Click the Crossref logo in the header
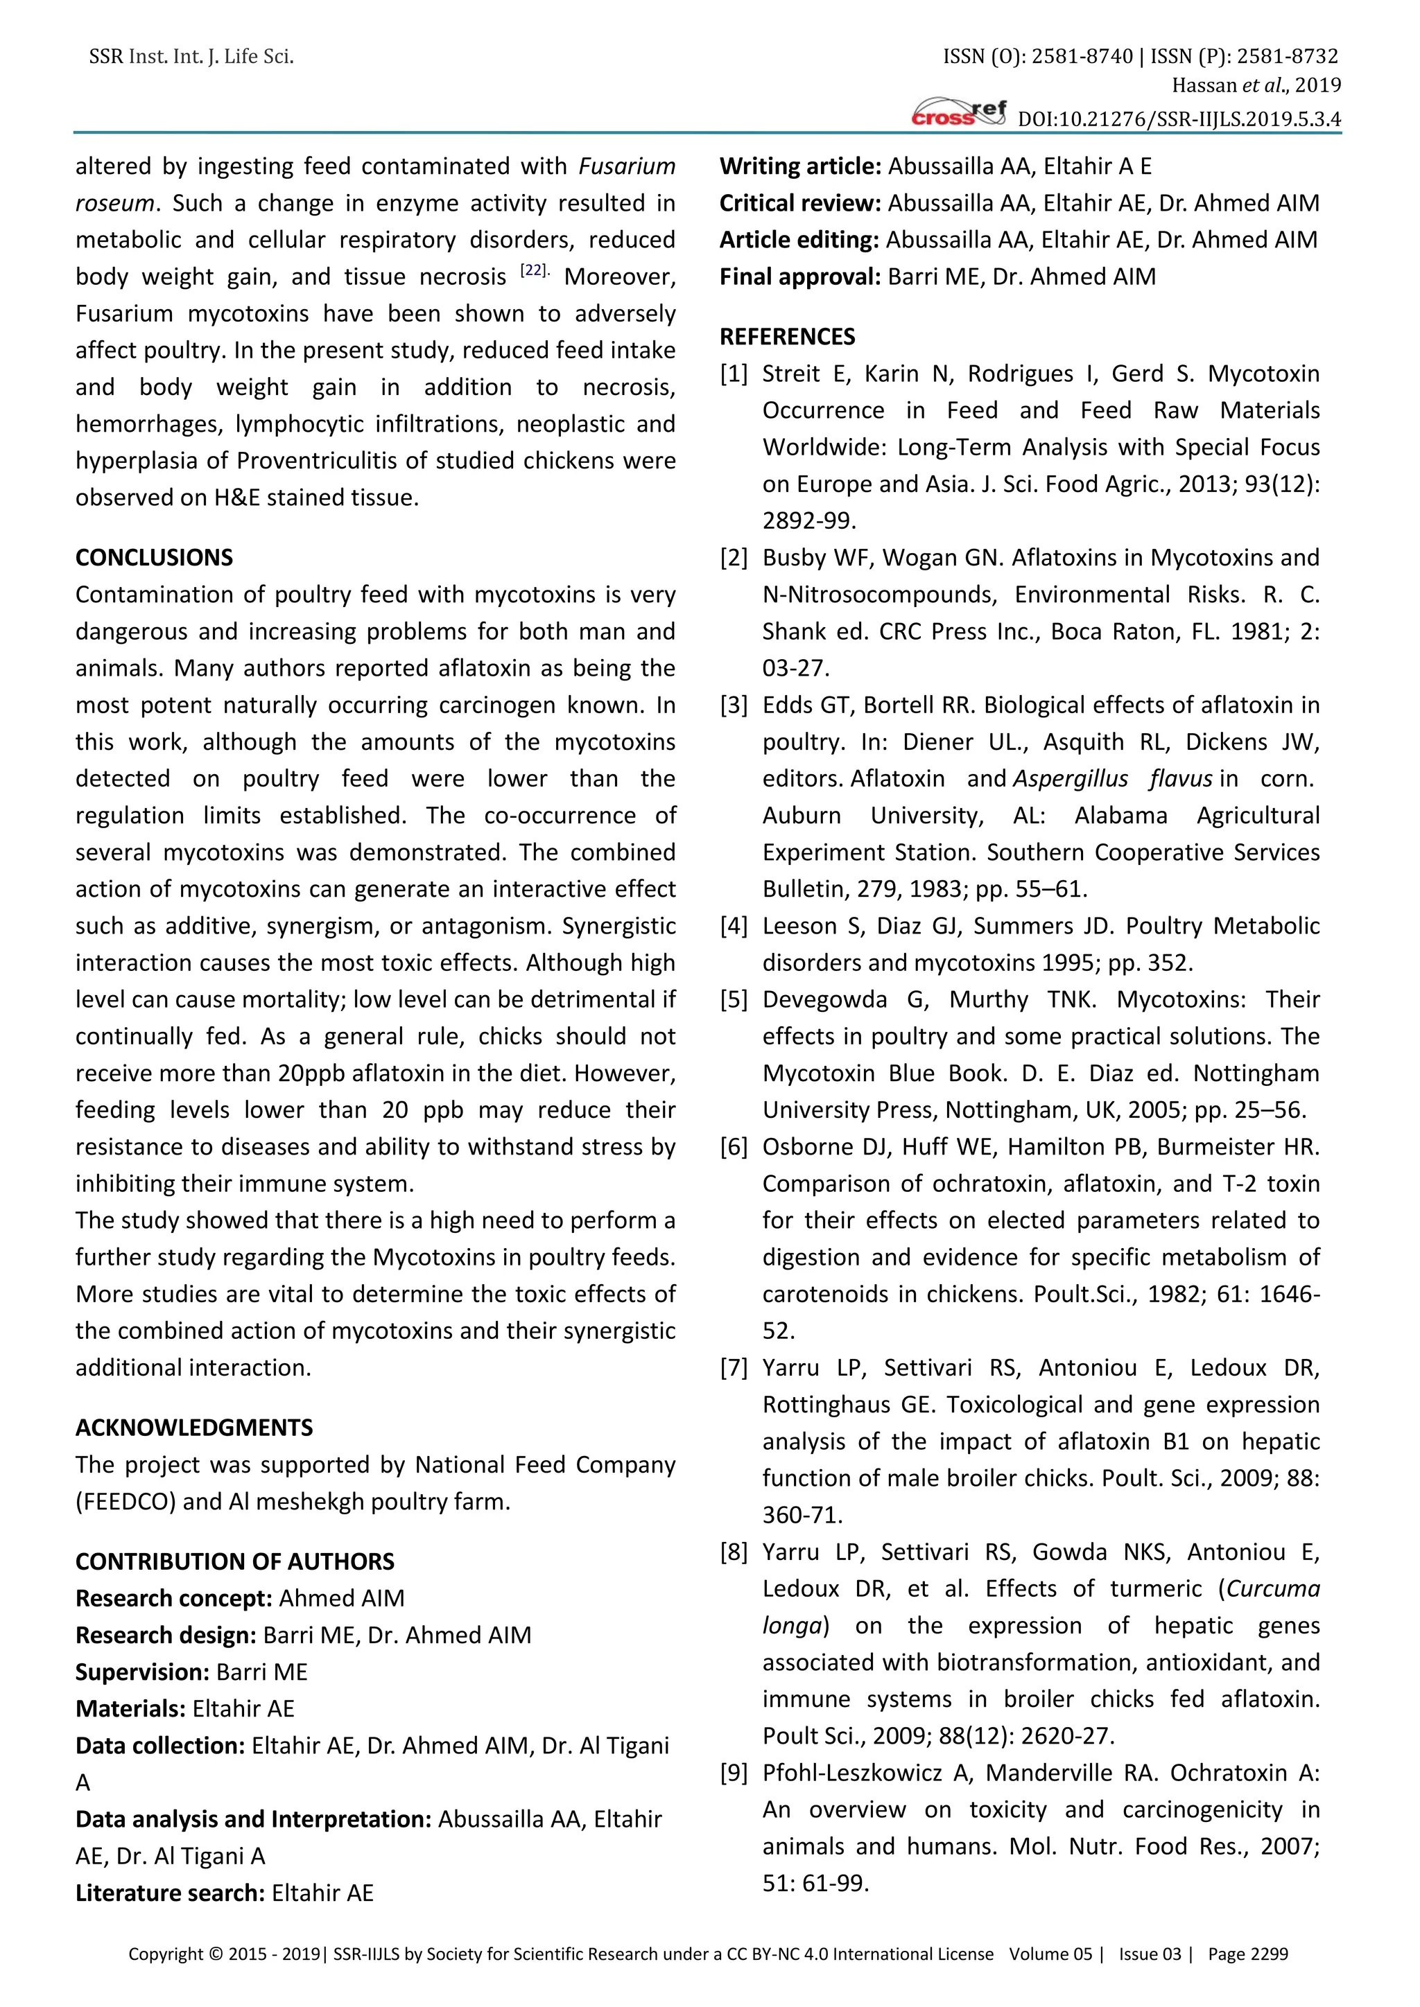(x=958, y=113)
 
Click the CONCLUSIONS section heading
(x=154, y=558)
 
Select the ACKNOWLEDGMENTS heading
(x=194, y=1428)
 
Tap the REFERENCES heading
(x=787, y=337)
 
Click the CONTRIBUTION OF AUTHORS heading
(x=234, y=1561)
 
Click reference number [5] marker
(x=734, y=1000)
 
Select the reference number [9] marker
(x=734, y=1773)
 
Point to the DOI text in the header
(x=1179, y=119)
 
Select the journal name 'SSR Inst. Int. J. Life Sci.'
(x=191, y=57)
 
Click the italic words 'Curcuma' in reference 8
(x=1273, y=1588)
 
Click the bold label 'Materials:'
(x=130, y=1709)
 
